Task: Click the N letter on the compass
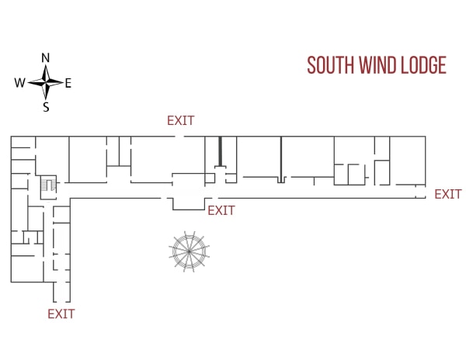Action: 45,58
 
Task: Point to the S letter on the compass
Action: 46,107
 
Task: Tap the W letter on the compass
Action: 19,82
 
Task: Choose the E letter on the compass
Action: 68,83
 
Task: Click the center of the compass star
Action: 46,82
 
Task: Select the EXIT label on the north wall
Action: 181,120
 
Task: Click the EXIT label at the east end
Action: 448,195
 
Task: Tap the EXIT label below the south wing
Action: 61,314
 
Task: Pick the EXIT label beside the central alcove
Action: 221,211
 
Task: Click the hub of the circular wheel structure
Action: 189,251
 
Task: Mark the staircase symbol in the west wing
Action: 48,185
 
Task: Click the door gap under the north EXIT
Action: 179,137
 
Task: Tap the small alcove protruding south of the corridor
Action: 189,204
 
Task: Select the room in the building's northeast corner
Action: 408,161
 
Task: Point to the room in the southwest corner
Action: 27,268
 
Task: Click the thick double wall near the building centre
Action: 221,151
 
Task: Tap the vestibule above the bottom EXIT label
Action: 62,292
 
